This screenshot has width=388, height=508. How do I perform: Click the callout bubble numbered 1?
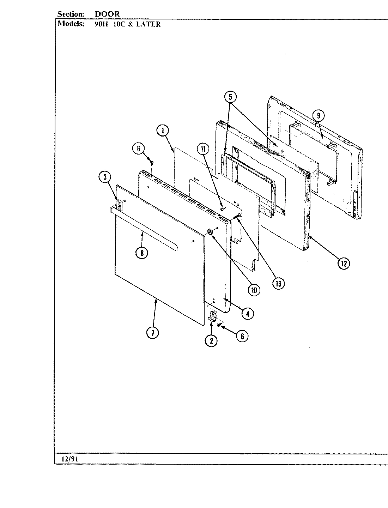(163, 131)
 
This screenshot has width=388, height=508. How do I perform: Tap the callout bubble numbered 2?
(211, 340)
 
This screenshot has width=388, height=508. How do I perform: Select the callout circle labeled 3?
(105, 178)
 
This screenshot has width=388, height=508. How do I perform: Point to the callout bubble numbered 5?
(230, 97)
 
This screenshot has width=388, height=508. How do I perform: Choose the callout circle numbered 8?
(142, 253)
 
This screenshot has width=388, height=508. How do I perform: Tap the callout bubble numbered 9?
(319, 115)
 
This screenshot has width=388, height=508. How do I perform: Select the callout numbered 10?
(254, 290)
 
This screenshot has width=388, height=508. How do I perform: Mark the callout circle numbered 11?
(203, 149)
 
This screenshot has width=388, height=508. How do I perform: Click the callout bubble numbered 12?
(344, 263)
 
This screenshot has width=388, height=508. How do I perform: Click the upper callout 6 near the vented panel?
(139, 149)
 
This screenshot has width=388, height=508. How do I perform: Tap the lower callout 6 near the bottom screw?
(242, 336)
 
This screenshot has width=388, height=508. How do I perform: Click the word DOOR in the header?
(107, 14)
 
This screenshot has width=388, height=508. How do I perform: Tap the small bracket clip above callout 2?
(213, 316)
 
